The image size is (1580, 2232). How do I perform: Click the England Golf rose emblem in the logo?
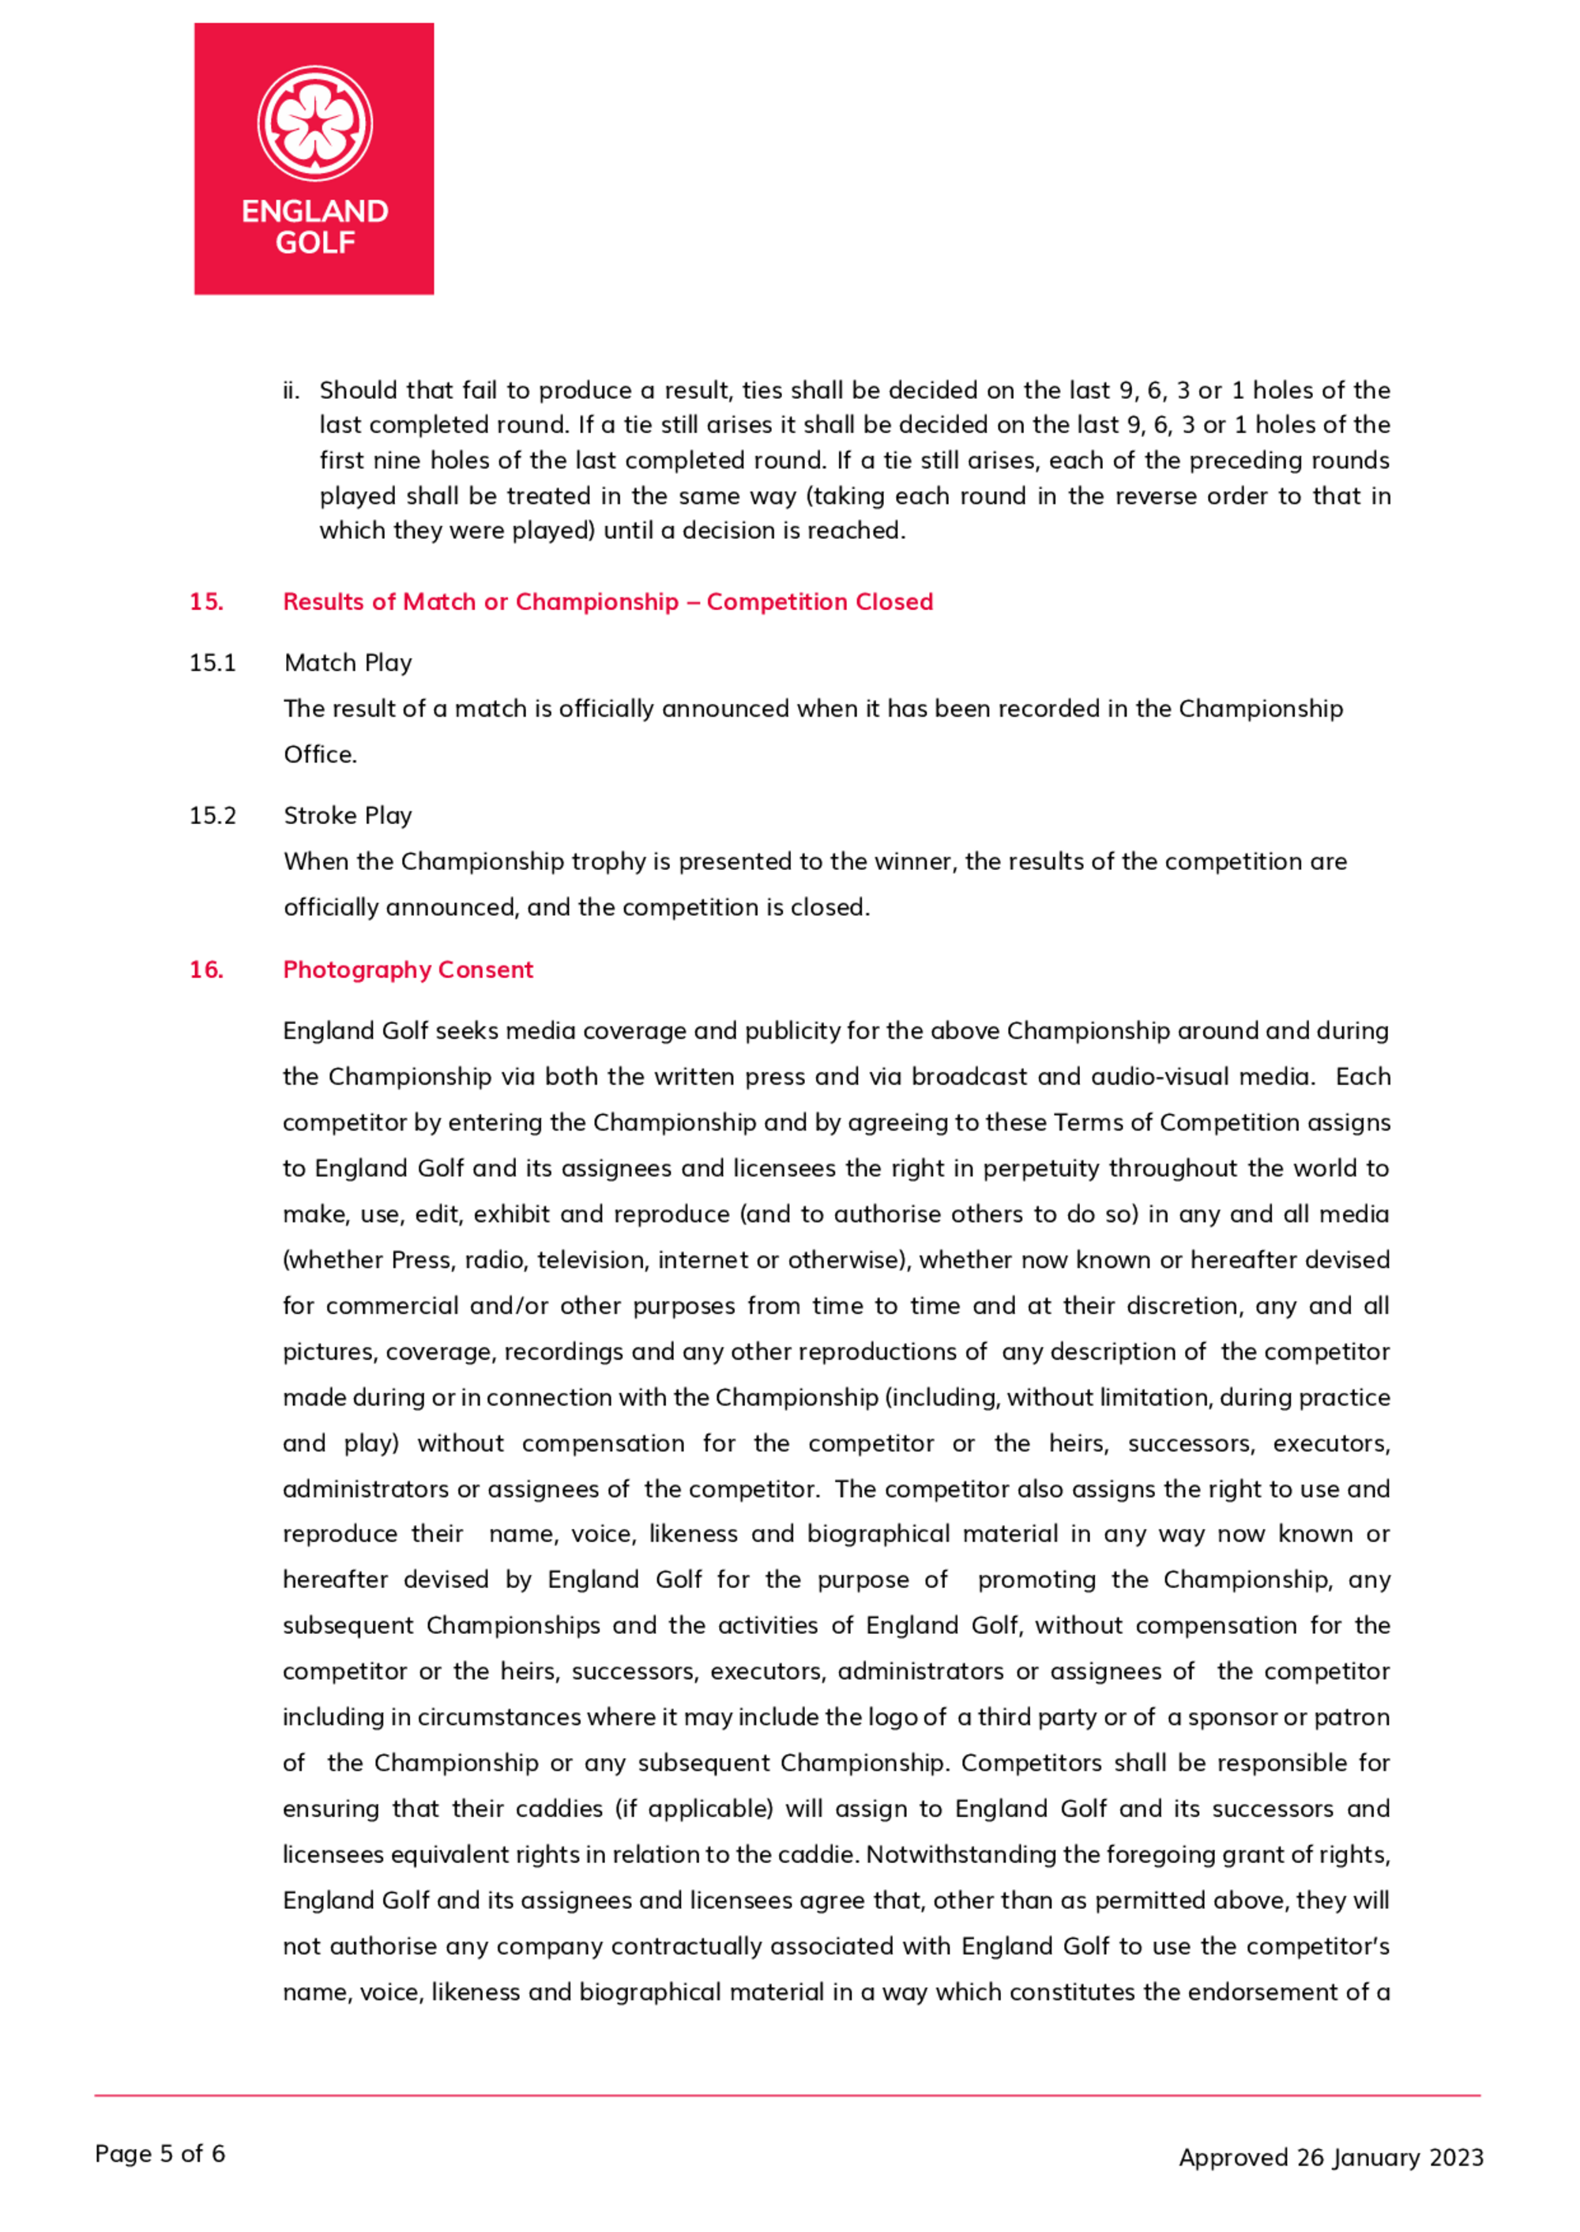pos(314,122)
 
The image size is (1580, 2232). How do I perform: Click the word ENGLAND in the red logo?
pos(314,211)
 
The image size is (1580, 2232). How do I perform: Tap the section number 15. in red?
pos(206,602)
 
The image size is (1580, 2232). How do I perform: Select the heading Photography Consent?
pos(408,970)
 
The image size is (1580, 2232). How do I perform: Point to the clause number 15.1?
pos(212,664)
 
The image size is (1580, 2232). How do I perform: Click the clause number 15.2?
pos(212,816)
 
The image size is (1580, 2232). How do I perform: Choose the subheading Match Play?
pos(348,664)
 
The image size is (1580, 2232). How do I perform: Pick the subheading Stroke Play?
pos(348,816)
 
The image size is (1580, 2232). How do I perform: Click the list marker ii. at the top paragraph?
pos(291,391)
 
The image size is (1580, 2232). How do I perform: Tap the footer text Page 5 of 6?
pos(160,2154)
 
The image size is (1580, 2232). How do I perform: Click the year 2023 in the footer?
pos(1457,2158)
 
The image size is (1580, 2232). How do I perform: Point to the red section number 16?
pos(206,970)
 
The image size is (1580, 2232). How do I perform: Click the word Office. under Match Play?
pos(320,755)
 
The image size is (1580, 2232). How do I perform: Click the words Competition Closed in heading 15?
pos(819,602)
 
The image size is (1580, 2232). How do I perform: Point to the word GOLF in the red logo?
pos(314,243)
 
